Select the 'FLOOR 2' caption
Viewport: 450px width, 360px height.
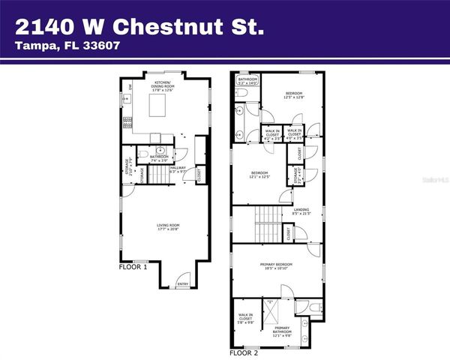(x=244, y=351)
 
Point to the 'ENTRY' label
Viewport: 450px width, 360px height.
(x=182, y=284)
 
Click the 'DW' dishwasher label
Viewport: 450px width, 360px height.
(x=131, y=88)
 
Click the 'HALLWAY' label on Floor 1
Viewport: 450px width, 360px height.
(x=177, y=169)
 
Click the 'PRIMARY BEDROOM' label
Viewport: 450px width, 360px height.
(x=276, y=266)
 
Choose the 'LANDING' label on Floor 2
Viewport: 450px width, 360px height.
(x=301, y=211)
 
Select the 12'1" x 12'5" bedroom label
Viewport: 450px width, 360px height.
(x=259, y=175)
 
